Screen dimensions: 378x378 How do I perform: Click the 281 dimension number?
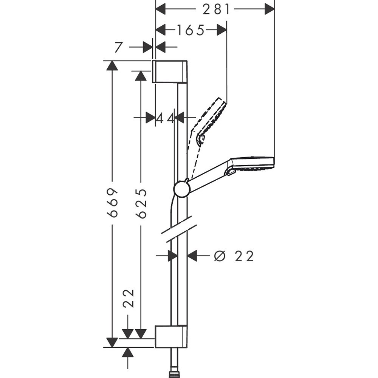click(x=216, y=9)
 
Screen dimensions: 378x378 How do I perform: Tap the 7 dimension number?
click(x=119, y=47)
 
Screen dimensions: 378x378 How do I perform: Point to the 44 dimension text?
click(x=166, y=118)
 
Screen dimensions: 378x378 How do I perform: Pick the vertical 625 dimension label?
click(x=141, y=203)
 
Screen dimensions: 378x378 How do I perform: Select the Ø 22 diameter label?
click(x=234, y=256)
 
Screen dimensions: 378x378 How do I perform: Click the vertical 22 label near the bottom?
click(x=129, y=299)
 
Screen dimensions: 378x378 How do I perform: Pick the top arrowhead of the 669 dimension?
click(x=112, y=65)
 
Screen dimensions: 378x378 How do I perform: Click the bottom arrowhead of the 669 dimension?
click(x=112, y=342)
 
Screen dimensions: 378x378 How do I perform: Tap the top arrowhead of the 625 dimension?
click(x=141, y=76)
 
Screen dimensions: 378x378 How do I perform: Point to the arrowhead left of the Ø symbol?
click(x=193, y=256)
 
